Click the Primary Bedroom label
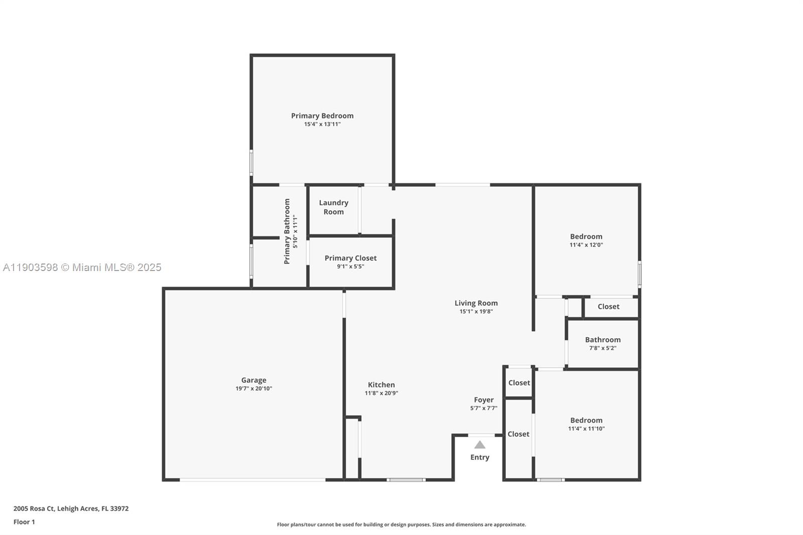click(x=322, y=116)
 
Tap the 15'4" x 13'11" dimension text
click(x=322, y=124)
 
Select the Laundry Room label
click(x=333, y=207)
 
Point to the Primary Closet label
click(x=350, y=258)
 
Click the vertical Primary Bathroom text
click(x=287, y=231)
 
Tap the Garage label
click(x=253, y=380)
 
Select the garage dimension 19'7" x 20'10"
click(x=253, y=388)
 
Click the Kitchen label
click(x=381, y=385)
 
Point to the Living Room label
click(x=476, y=303)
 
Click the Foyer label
click(x=484, y=400)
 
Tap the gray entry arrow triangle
click(x=480, y=445)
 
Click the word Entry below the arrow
click(x=480, y=457)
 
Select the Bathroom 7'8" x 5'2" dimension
click(x=602, y=348)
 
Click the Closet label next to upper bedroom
click(x=608, y=307)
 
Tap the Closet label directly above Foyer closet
click(x=519, y=383)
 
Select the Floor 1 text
click(x=24, y=522)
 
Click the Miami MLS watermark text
click(x=82, y=267)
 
